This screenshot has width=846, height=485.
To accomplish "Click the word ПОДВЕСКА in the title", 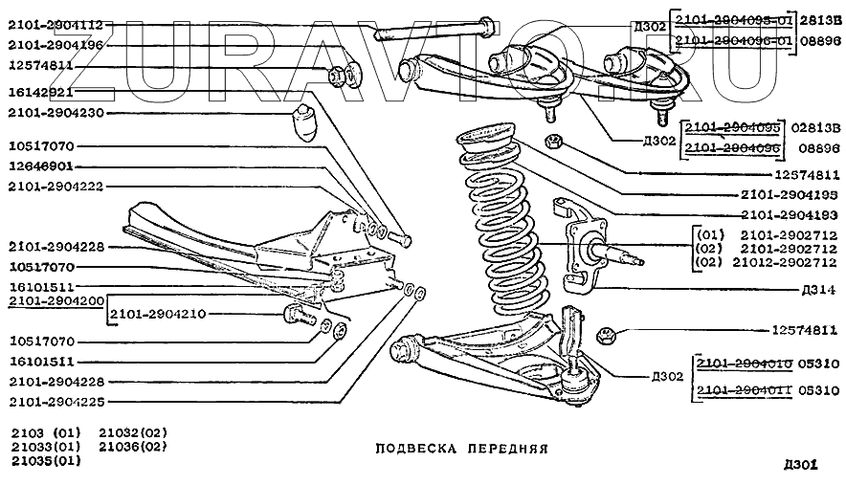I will point(412,447).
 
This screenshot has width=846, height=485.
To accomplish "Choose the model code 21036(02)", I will point(133,446).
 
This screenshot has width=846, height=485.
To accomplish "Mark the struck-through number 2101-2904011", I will point(744,391).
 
